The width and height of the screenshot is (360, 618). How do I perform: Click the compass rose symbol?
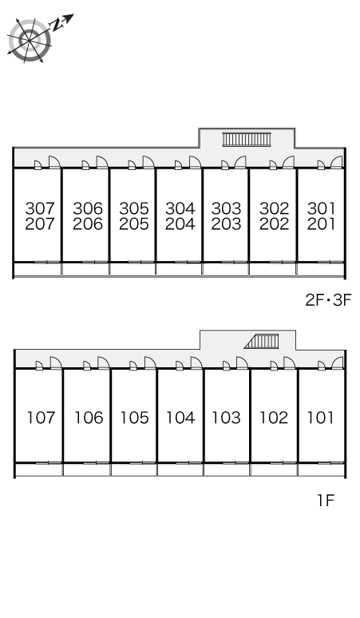tap(30, 41)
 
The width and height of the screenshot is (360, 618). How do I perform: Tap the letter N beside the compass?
tap(58, 26)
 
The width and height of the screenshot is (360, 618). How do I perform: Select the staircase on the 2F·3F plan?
tap(247, 139)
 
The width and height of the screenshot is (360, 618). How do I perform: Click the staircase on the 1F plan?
tap(262, 341)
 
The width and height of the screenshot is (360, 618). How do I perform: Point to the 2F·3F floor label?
tap(328, 301)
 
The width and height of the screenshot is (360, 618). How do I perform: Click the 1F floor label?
tap(326, 501)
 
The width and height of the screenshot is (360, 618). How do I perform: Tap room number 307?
tap(40, 208)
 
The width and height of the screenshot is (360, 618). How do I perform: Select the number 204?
tap(180, 224)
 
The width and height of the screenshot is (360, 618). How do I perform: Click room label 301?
tap(321, 208)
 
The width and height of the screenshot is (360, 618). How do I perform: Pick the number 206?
tap(88, 224)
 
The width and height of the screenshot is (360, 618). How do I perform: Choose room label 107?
tap(41, 418)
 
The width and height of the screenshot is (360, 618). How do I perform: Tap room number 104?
tap(180, 418)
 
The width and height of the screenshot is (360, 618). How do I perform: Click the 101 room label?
tap(321, 418)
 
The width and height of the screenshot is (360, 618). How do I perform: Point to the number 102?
tap(274, 418)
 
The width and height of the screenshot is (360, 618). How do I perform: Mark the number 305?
tap(134, 208)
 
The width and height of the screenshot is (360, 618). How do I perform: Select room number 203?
tap(226, 224)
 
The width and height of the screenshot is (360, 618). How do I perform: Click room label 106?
tap(89, 418)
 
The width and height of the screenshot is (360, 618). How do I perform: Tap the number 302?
tap(274, 208)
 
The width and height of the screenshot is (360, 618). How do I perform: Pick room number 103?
tap(227, 418)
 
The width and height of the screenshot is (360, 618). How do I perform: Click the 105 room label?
tap(135, 418)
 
